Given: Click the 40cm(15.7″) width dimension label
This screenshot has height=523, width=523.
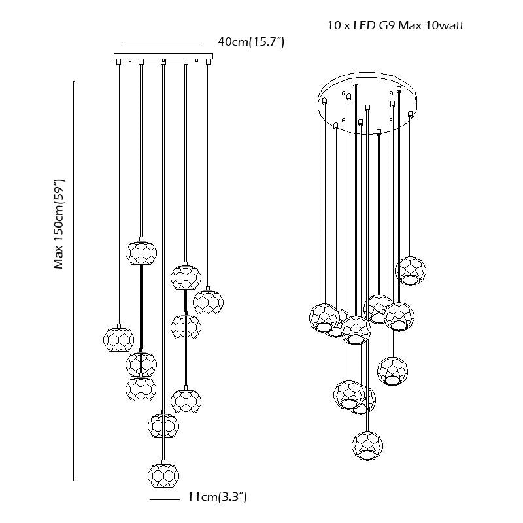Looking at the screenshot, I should coord(250,42).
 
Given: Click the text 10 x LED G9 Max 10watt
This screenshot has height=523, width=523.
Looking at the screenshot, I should coord(396,26).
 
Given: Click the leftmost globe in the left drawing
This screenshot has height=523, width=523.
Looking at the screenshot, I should coord(119,338).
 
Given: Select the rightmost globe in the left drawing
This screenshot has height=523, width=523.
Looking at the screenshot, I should coord(208,301).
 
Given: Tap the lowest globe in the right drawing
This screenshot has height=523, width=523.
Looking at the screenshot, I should coord(367,446).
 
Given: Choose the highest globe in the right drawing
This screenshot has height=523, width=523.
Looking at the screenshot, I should coord(411,271).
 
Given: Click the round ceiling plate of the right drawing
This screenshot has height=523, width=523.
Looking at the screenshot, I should coord(365,104).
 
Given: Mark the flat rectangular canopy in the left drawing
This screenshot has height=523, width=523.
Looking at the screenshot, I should coord(163,56).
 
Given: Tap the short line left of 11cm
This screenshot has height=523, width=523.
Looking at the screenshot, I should coord(164,500).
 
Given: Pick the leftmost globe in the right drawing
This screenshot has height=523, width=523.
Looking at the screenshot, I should coord(324,318).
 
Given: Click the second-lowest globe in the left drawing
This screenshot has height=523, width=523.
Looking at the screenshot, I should coord(163,425).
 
